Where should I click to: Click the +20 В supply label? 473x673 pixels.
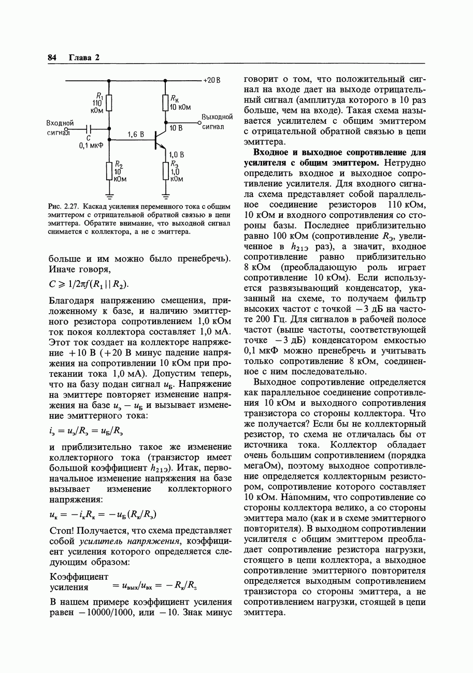(x=212, y=81)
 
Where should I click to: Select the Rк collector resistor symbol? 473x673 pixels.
(x=165, y=102)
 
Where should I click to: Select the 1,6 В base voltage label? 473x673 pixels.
(x=136, y=135)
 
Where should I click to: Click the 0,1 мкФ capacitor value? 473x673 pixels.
(x=91, y=146)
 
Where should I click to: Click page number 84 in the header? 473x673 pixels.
(x=52, y=57)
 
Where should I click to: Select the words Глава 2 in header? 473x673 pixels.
(x=84, y=57)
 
